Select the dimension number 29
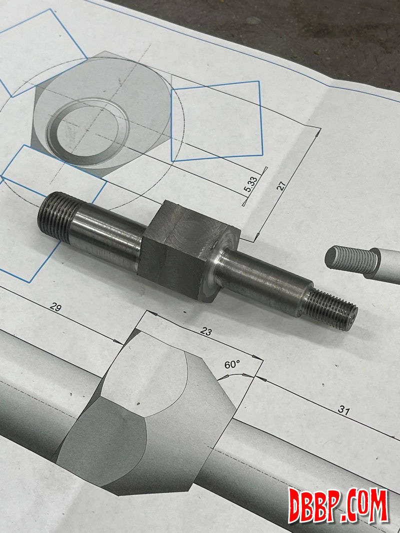click(x=56, y=307)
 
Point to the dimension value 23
click(x=206, y=331)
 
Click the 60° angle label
click(x=232, y=365)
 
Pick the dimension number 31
click(x=344, y=410)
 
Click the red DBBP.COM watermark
click(x=338, y=506)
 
